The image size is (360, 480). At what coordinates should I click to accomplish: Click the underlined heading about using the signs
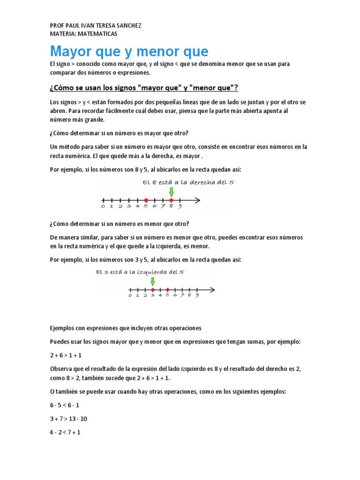[144, 88]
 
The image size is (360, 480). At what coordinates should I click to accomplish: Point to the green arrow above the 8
[171, 192]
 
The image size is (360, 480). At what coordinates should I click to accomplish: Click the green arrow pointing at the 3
[152, 282]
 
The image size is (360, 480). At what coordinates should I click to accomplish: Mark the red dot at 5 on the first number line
[146, 200]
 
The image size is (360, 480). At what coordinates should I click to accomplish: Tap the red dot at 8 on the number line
[171, 200]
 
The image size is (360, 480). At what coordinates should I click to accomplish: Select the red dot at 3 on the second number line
[153, 290]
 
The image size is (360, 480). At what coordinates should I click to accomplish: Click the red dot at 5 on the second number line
[167, 290]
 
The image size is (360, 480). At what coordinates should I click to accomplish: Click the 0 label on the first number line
[103, 206]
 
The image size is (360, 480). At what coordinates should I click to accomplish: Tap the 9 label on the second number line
[197, 295]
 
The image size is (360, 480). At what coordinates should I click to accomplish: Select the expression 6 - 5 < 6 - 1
[64, 405]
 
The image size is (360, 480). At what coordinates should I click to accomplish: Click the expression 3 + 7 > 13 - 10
[69, 419]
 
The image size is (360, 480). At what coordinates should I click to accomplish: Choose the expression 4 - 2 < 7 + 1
[65, 432]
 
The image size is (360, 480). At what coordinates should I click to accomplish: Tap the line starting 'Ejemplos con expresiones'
[126, 328]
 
